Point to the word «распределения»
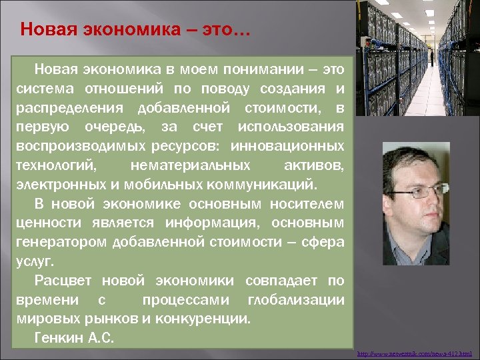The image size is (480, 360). click(x=69, y=107)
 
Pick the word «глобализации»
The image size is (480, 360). click(x=296, y=299)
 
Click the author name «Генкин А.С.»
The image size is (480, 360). click(x=74, y=338)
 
